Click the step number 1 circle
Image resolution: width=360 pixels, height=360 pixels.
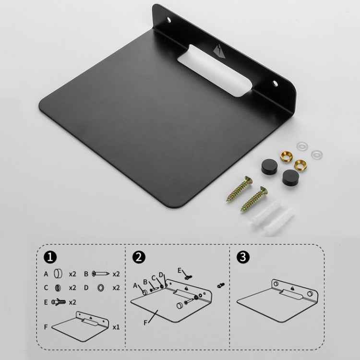50,257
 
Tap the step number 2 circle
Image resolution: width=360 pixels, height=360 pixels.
139,257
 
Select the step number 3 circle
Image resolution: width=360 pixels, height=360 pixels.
244,257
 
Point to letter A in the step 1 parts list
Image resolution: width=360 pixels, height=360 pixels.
46,274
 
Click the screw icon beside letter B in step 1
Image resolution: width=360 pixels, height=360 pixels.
100,274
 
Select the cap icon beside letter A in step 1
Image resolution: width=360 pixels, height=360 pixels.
58,274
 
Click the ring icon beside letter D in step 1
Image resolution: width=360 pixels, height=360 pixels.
101,288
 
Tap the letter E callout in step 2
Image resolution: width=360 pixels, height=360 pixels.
180,270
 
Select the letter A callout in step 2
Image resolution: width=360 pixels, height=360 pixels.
135,285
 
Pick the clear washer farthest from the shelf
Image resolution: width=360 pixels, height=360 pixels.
316,154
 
